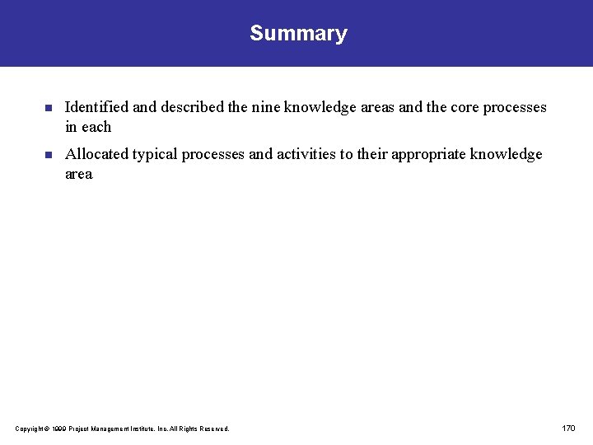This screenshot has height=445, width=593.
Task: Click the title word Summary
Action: [x=298, y=34]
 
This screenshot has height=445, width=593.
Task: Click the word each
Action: [x=96, y=127]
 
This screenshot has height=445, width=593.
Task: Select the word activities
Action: [x=306, y=154]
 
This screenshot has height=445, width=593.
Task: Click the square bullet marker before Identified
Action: [x=48, y=108]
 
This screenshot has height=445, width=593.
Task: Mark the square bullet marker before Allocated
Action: [x=48, y=154]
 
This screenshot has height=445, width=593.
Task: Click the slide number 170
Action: [x=568, y=429]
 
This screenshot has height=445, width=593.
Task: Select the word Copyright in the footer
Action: [x=28, y=429]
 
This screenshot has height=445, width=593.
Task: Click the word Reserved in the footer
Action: [x=212, y=429]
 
